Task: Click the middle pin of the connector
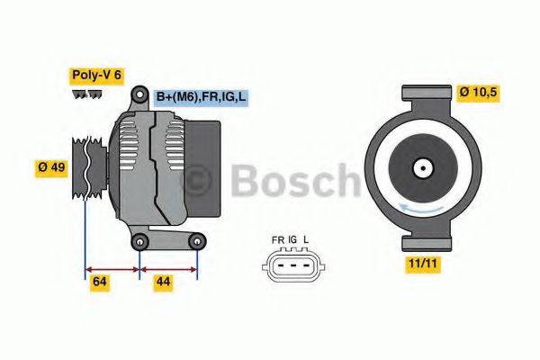coord(292,264)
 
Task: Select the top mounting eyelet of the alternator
coord(139,95)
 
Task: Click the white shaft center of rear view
coord(421,167)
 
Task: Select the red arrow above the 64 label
coord(112,267)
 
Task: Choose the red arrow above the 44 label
coord(168,267)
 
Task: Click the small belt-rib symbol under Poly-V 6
coord(87,94)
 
